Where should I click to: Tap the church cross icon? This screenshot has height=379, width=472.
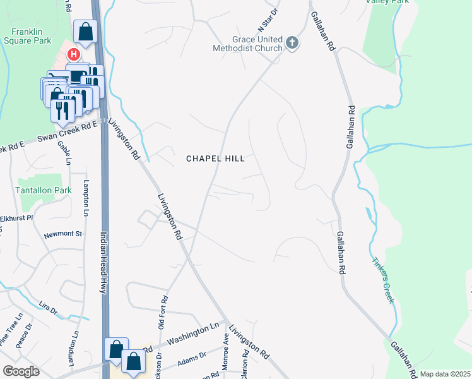point(292,43)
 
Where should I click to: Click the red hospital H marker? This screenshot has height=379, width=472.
point(73,55)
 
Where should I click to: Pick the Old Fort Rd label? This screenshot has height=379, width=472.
point(162,311)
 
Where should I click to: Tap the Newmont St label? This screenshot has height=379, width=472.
point(63,234)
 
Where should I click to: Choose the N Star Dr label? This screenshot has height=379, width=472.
point(267,21)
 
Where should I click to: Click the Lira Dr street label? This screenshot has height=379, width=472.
point(49,308)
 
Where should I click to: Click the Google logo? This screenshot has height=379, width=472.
point(20,371)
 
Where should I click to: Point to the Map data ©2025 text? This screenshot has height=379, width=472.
point(445,374)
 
